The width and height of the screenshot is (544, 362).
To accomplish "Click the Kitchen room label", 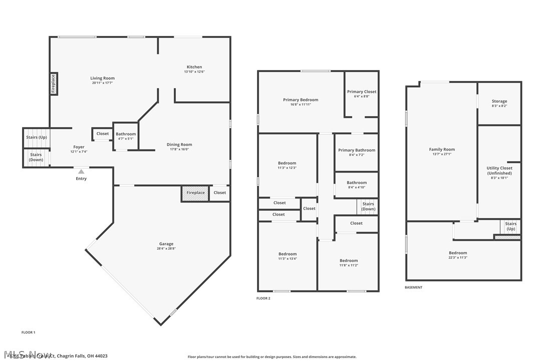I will pyautogui.click(x=194, y=67).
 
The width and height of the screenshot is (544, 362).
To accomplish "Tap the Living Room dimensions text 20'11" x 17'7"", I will pyautogui.click(x=102, y=83).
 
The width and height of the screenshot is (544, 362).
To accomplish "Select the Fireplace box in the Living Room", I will pyautogui.click(x=54, y=83).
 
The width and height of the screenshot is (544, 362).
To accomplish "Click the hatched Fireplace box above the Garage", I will pyautogui.click(x=195, y=193).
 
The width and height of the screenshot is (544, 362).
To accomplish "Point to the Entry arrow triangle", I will pyautogui.click(x=81, y=171).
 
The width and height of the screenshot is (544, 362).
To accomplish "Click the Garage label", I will pyautogui.click(x=166, y=243).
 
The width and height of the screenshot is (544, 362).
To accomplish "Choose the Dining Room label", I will pyautogui.click(x=179, y=144).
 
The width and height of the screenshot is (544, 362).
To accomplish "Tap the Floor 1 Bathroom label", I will pyautogui.click(x=126, y=134).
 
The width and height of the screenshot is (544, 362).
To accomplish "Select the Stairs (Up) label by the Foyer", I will pyautogui.click(x=36, y=137).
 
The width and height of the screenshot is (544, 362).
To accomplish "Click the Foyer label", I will pyautogui.click(x=79, y=147).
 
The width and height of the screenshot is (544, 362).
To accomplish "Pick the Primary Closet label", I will pyautogui.click(x=362, y=91).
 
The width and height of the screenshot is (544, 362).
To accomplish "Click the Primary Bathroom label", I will pyautogui.click(x=357, y=150).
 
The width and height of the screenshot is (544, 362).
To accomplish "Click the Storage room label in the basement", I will pyautogui.click(x=499, y=101).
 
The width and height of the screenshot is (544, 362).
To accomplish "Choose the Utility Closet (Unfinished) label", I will pyautogui.click(x=499, y=170).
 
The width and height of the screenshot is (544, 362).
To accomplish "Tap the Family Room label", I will pyautogui.click(x=442, y=149).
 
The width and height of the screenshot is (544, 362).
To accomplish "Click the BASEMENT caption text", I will pyautogui.click(x=413, y=287).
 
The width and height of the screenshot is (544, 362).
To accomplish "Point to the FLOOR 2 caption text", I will pyautogui.click(x=263, y=298).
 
